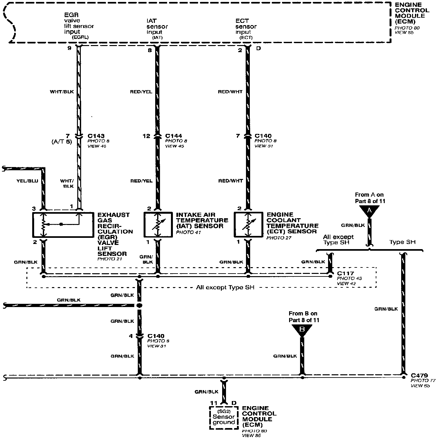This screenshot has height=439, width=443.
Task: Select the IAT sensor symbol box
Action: tap(157, 224)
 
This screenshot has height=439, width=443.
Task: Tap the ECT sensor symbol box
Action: tap(248, 224)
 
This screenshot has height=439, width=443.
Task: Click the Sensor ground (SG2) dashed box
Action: tap(224, 418)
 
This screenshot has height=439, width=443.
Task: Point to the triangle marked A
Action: tap(369, 210)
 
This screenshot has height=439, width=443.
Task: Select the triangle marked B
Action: tap(302, 330)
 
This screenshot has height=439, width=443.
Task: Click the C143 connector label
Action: tap(96, 136)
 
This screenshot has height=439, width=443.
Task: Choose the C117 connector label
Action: tap(345, 273)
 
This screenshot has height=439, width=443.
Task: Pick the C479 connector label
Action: tap(419, 375)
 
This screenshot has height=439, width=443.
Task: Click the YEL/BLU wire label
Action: tap(27, 181)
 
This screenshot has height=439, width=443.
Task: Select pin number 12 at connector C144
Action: tap(146, 136)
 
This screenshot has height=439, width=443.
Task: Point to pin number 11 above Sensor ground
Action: tap(214, 403)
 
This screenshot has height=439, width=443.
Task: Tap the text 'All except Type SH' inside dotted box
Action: tap(225, 287)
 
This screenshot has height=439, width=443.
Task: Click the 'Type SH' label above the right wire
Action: tap(402, 242)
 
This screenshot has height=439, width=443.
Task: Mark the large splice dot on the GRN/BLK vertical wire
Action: tap(139, 305)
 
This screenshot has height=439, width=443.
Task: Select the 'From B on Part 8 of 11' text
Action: tap(304, 317)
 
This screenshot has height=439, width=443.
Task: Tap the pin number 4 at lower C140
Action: tap(131, 336)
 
